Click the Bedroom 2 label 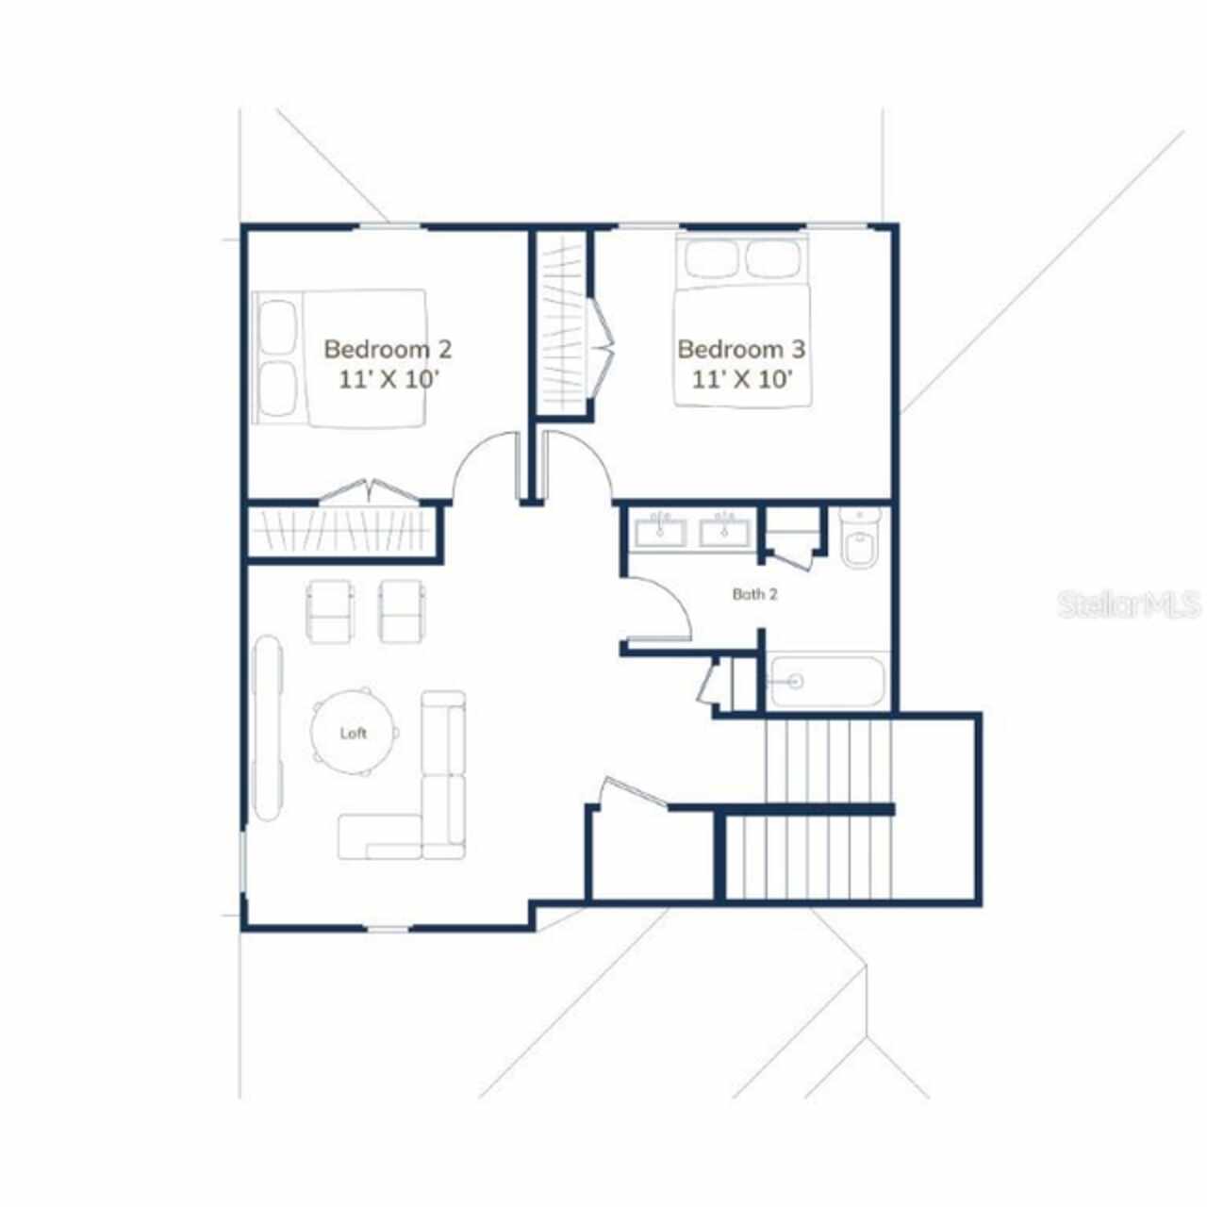coord(388,350)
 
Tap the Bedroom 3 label coord(741,350)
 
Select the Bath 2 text coord(754,594)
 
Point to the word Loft coord(354,734)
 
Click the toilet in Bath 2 coord(860,537)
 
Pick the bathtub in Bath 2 coord(827,682)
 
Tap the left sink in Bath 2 coord(661,532)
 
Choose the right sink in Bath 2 coord(725,532)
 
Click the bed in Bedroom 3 coord(741,320)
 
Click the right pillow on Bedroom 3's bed coord(773,258)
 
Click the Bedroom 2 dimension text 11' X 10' coord(388,380)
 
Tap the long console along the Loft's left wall coord(268,728)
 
